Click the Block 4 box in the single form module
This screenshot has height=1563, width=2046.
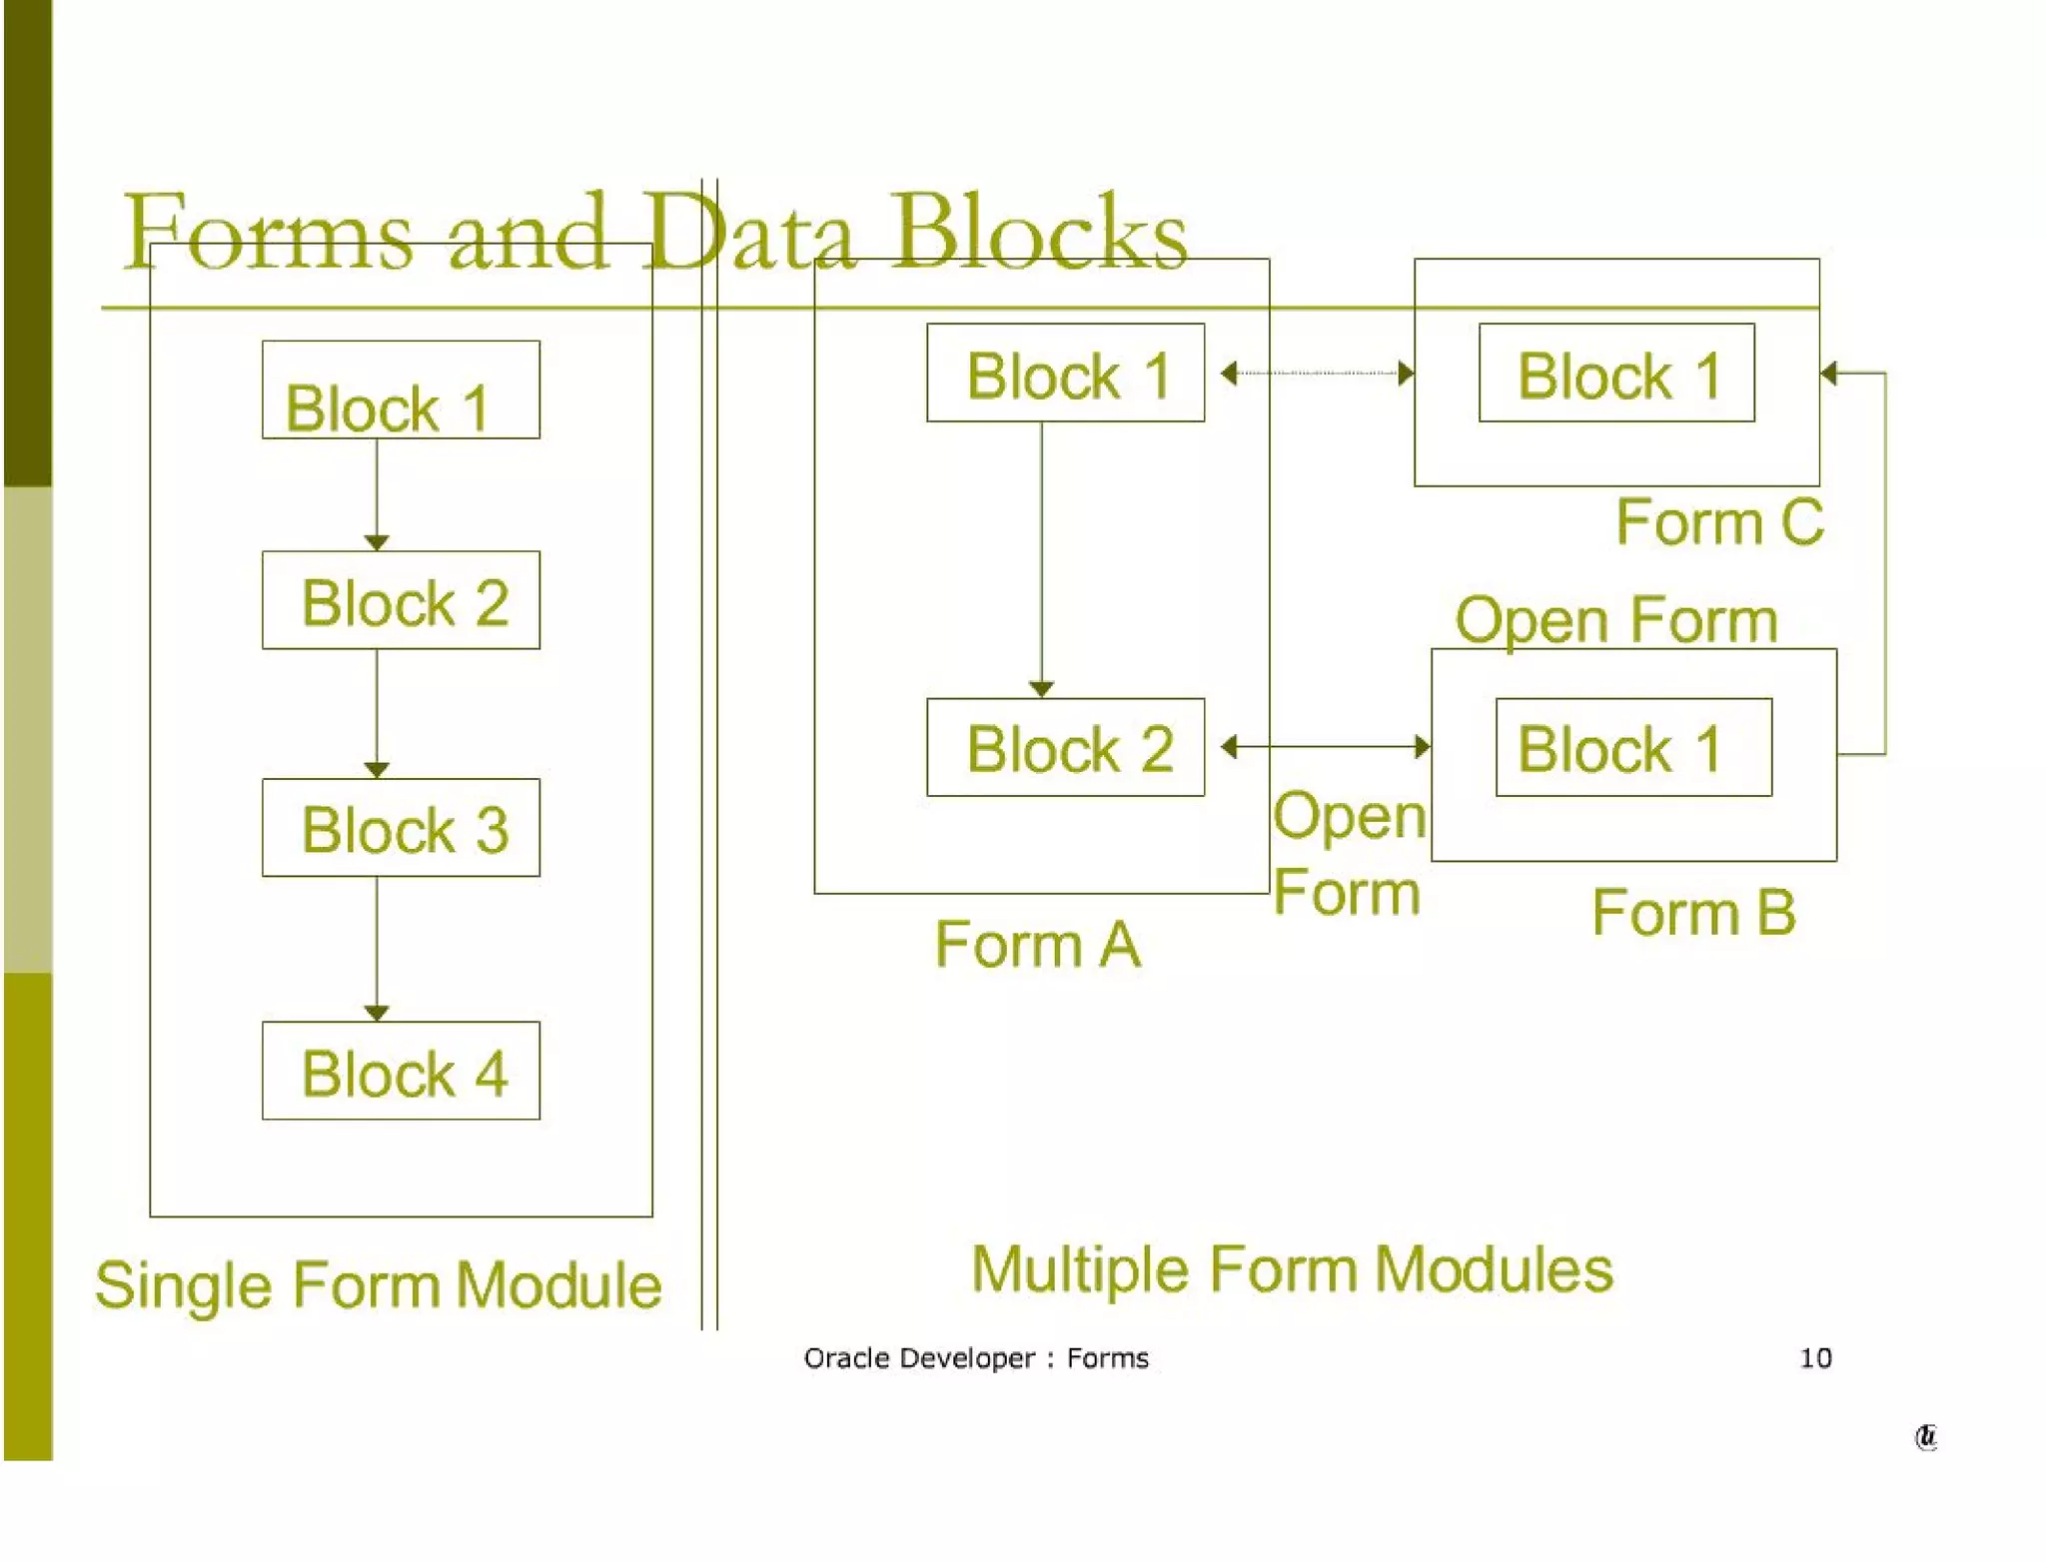(401, 1070)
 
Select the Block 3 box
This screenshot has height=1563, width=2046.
(401, 827)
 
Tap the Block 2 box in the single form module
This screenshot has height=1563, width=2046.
(401, 600)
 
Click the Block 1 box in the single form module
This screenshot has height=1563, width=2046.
(401, 390)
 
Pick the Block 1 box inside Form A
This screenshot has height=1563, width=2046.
(1065, 373)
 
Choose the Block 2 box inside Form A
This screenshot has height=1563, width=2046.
(1065, 747)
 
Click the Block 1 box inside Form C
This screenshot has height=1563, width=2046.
(1616, 373)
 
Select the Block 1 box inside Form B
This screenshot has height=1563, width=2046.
(1633, 747)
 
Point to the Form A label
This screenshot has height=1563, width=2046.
(1037, 944)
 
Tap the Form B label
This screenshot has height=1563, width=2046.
(1693, 912)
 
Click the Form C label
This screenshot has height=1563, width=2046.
(1719, 522)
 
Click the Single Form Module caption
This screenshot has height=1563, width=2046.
(378, 1284)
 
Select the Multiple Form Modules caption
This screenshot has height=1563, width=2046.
(1291, 1269)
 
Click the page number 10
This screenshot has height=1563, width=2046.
(1815, 1358)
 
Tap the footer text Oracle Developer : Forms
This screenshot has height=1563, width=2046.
(975, 1358)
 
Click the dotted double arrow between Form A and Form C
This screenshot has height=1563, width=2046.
(1317, 374)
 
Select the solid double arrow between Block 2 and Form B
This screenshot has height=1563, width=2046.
(1325, 746)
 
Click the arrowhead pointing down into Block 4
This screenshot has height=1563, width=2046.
(377, 1013)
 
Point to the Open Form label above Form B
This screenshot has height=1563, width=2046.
(1615, 620)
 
